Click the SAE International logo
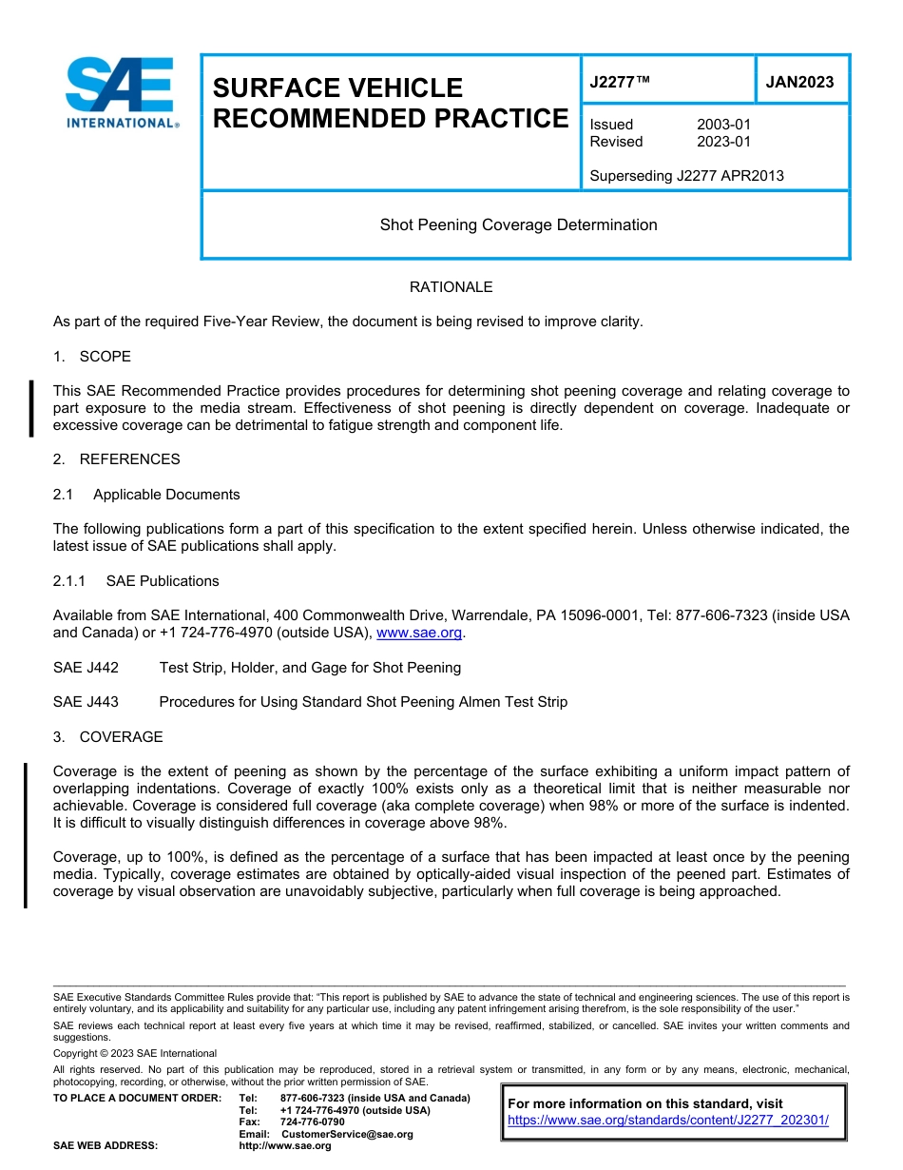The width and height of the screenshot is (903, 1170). pos(121,92)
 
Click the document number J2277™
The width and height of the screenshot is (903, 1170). pos(620,82)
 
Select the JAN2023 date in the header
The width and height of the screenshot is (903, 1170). pos(799,82)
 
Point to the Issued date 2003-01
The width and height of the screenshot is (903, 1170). pos(723,125)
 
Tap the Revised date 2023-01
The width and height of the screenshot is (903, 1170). pos(723,142)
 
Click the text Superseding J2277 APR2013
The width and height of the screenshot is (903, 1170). pos(686,176)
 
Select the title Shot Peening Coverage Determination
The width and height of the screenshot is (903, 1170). pos(518,225)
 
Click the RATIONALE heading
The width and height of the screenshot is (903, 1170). pos(451,287)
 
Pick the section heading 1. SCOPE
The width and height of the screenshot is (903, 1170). pos(92,357)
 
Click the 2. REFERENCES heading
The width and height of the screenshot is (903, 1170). pos(116,459)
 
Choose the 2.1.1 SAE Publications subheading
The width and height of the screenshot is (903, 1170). pos(136,581)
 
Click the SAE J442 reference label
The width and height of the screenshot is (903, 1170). pos(86,668)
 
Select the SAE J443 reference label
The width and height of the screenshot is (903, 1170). pos(86,702)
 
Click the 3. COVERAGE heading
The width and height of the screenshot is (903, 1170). pos(107,737)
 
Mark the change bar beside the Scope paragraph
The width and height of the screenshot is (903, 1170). pos(31,408)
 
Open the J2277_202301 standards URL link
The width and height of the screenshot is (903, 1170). pos(668,1121)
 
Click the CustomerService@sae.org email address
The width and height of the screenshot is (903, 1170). pos(347,1134)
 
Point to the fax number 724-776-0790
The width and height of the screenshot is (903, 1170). pos(312,1122)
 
